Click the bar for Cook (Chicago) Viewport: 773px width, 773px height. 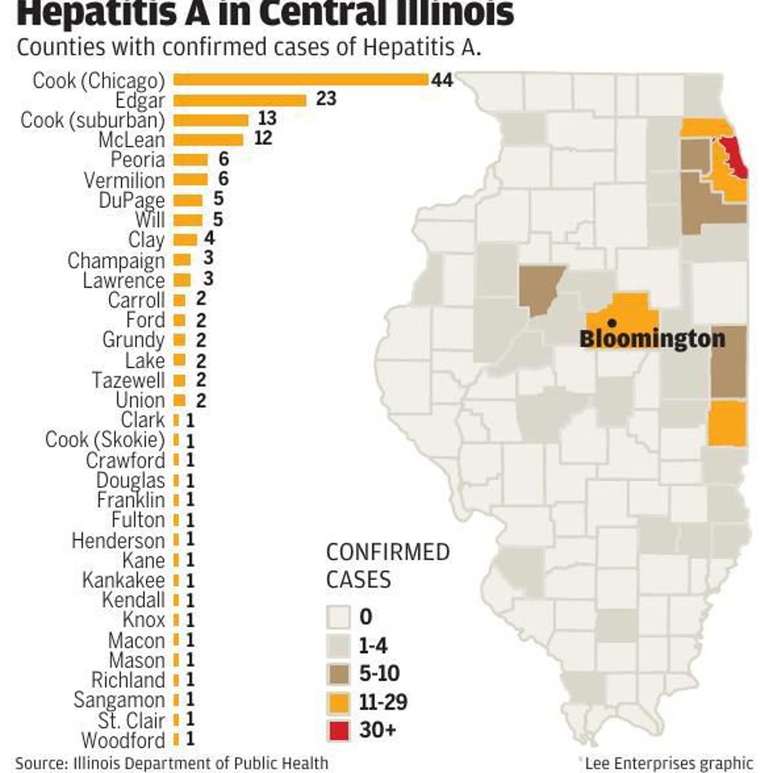point(301,80)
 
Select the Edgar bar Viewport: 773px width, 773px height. point(240,100)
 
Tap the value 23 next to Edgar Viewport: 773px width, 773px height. point(326,99)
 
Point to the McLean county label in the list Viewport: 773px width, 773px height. point(131,140)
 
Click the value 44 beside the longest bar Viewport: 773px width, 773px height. point(443,80)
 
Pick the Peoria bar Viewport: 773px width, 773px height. point(191,160)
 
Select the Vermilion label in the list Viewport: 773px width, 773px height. point(124,180)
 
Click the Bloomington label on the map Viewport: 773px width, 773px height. point(652,338)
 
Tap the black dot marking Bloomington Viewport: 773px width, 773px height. point(612,322)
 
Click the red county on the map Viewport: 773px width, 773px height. point(734,158)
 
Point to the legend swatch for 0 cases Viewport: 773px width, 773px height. point(338,618)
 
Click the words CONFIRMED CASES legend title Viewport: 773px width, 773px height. point(387,566)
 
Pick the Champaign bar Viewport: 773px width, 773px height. point(182,260)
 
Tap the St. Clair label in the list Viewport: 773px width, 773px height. point(131,720)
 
